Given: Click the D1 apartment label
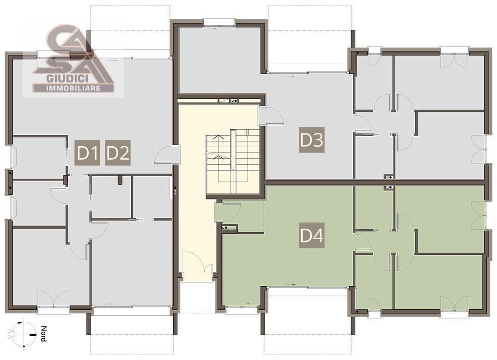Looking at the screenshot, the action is [x=87, y=153].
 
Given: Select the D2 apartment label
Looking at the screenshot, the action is [x=118, y=153].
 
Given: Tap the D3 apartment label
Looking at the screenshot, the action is [x=312, y=140].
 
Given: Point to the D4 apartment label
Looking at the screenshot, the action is [x=312, y=235].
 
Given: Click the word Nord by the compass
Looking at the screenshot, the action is [x=43, y=334].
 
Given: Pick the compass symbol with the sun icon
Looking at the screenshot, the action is [x=23, y=334].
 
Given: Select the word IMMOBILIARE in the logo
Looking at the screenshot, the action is [x=73, y=88].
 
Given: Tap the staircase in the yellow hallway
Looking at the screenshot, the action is [x=232, y=164].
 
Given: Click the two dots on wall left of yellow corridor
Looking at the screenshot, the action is [x=175, y=192].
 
